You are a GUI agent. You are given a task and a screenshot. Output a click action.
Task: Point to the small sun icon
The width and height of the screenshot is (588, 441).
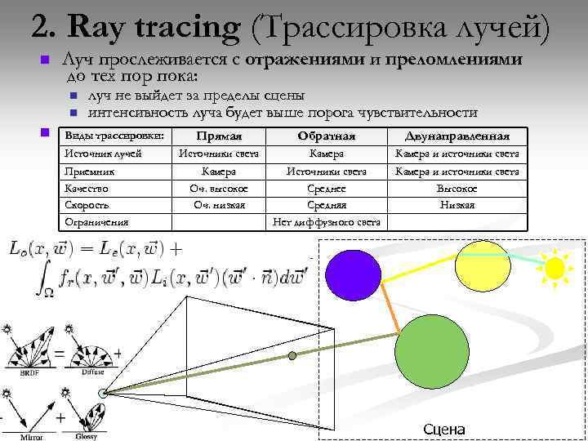click(555, 267)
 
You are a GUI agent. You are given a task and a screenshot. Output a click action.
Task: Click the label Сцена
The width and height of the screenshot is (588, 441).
click(444, 430)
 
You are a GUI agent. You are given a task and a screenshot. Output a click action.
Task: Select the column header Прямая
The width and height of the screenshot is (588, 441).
click(219, 136)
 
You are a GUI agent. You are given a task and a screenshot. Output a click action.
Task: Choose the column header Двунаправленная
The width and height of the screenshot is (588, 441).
click(457, 136)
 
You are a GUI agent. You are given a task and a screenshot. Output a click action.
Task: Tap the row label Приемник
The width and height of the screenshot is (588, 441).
click(89, 171)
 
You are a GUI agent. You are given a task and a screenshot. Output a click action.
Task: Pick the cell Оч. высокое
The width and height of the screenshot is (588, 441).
click(219, 189)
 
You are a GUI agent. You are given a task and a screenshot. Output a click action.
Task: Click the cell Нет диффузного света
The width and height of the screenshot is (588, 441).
click(327, 221)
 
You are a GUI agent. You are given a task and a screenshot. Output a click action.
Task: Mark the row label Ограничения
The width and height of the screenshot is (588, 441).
click(97, 221)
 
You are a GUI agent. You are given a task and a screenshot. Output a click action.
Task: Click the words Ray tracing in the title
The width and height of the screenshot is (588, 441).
click(155, 26)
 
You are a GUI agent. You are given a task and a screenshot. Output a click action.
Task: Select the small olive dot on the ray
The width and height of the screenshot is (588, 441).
click(292, 355)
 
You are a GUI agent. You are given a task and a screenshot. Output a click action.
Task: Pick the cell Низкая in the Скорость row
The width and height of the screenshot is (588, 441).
click(457, 205)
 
